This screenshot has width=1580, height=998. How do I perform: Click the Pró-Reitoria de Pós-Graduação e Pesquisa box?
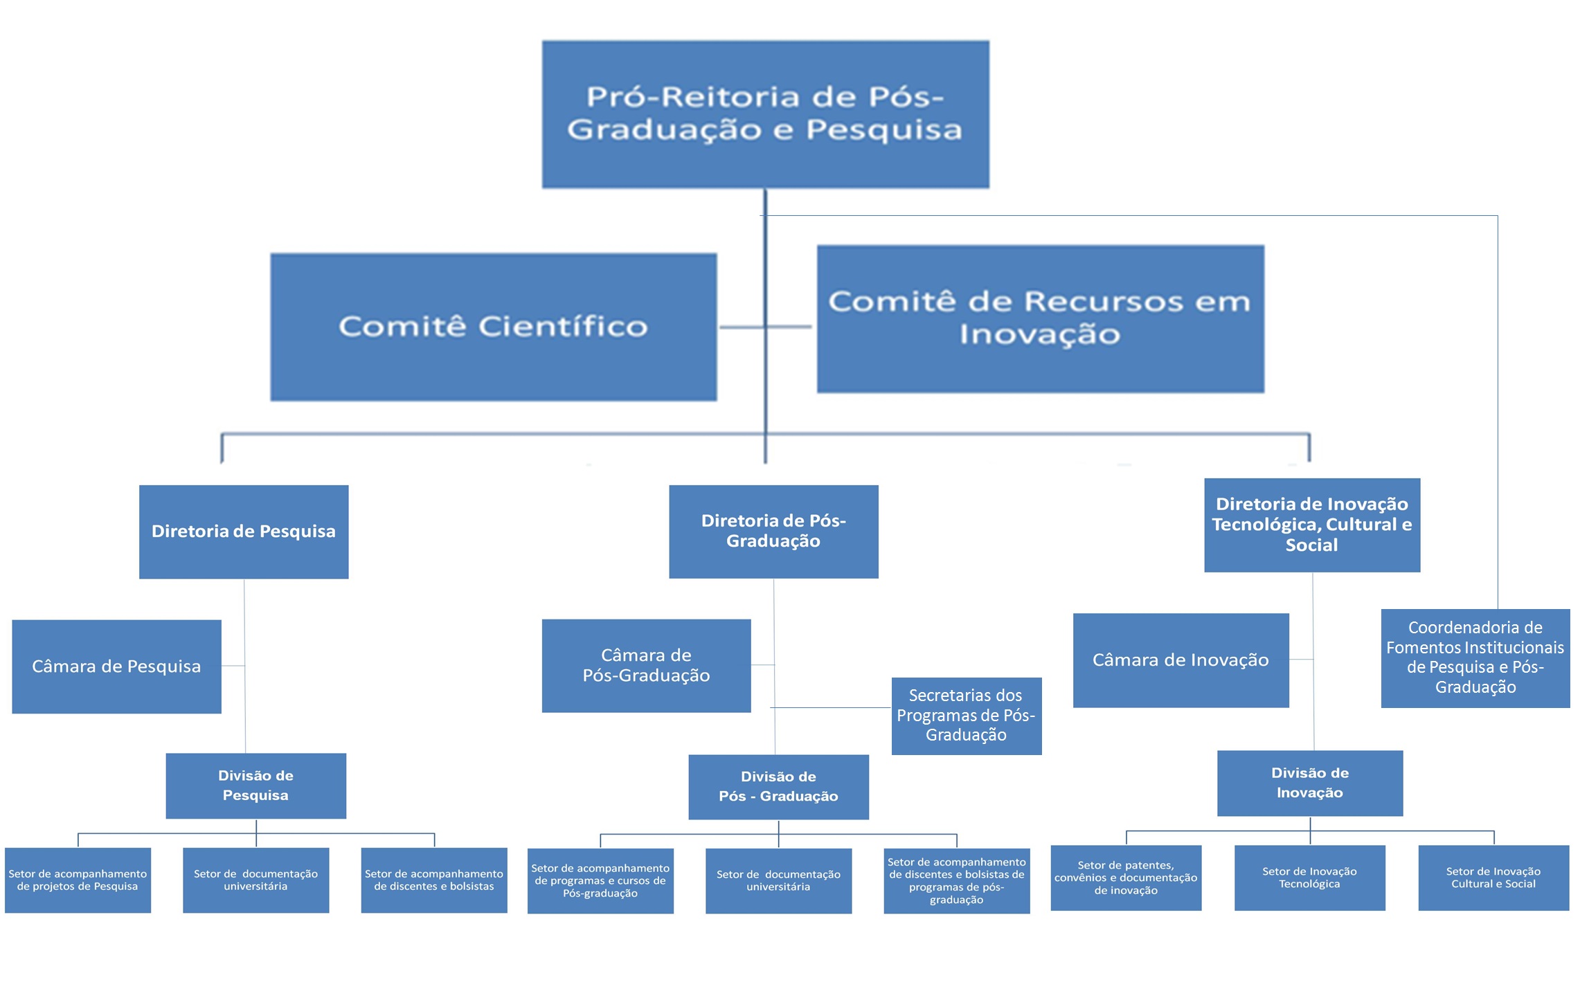[765, 114]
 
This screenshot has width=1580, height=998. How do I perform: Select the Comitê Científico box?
[493, 327]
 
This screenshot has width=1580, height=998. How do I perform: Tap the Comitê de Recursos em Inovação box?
[1040, 319]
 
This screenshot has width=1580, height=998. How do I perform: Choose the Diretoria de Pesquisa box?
[244, 532]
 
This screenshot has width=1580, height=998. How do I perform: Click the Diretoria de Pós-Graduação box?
[773, 532]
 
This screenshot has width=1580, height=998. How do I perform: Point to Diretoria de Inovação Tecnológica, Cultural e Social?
[1311, 525]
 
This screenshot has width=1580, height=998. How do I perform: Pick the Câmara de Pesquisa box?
[116, 666]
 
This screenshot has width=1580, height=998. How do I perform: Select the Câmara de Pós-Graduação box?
[646, 666]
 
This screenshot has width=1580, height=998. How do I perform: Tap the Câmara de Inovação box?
[1180, 660]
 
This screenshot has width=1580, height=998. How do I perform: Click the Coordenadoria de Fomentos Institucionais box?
[1475, 657]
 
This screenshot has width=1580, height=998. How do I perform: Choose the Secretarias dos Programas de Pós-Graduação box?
[966, 716]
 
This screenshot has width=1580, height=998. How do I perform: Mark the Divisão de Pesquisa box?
[255, 786]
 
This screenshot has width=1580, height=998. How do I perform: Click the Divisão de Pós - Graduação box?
[778, 787]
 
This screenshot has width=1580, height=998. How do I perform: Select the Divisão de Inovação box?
[1309, 783]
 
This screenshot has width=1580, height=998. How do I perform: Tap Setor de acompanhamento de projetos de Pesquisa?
[78, 880]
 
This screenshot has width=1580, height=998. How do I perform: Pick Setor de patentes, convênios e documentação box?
[1125, 878]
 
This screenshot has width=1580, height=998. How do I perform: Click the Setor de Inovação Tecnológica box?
[1309, 878]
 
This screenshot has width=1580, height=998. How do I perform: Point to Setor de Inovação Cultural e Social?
[1493, 878]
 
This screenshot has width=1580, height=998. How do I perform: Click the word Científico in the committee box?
[562, 327]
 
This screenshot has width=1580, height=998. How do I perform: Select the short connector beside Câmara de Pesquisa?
[233, 666]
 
